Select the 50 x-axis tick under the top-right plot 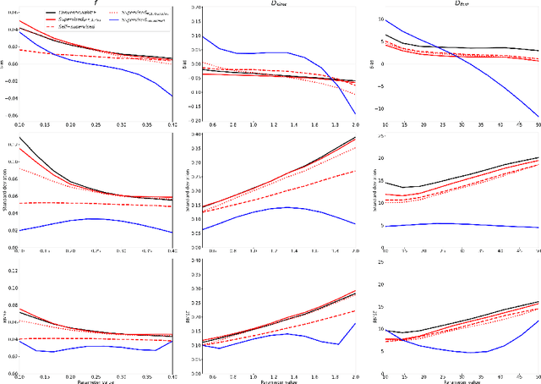pos(537,126)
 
